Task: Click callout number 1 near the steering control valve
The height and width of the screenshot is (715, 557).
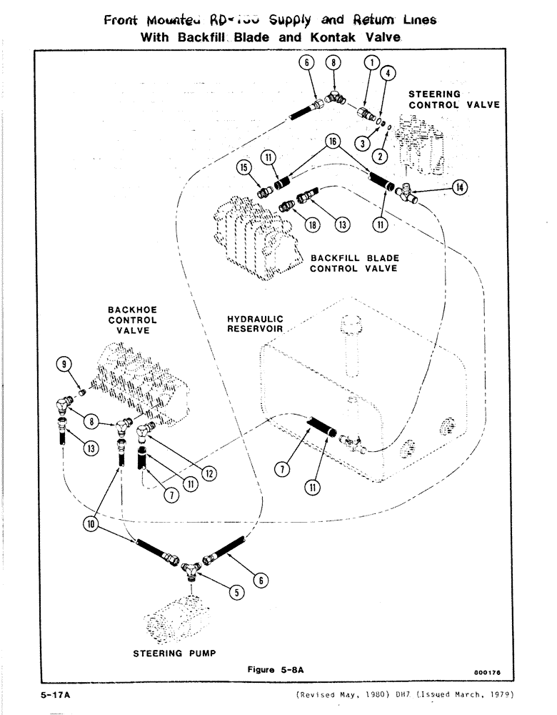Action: coord(370,63)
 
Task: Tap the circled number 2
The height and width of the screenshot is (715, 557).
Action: coord(381,156)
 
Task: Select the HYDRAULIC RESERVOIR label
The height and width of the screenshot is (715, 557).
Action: coord(256,324)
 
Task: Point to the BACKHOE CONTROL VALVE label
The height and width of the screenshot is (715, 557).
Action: coord(132,320)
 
